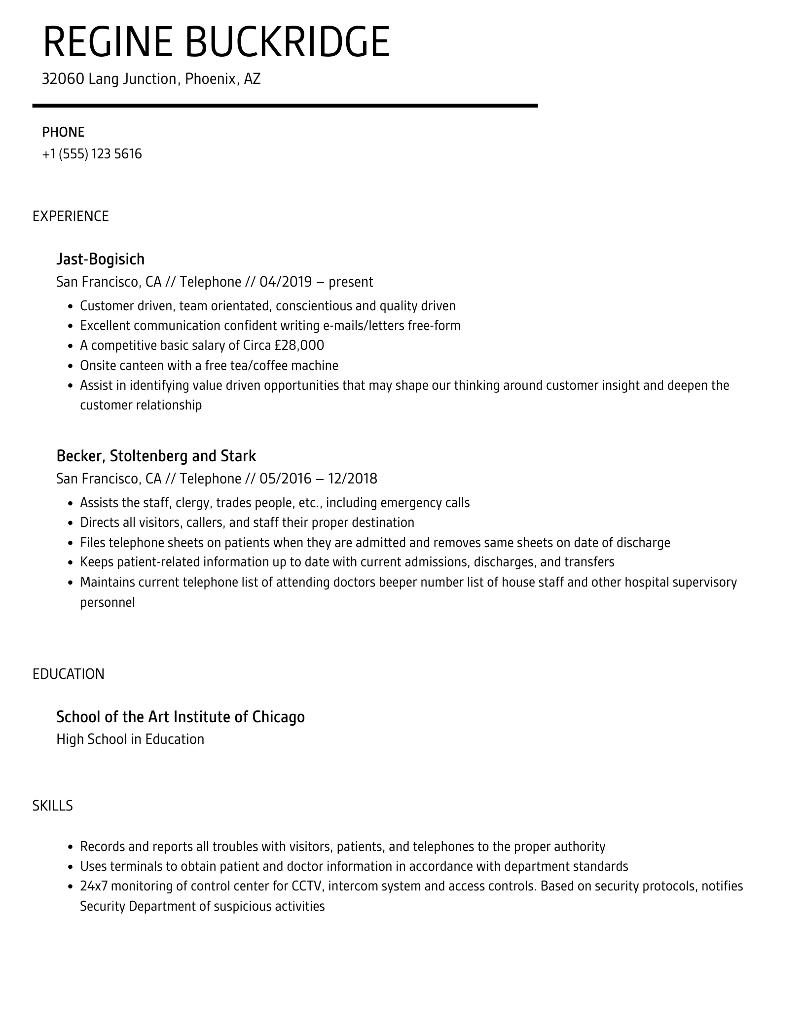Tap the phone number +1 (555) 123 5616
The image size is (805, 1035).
coord(92,154)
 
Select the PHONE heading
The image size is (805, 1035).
coord(63,132)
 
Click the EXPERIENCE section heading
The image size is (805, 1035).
coord(71,216)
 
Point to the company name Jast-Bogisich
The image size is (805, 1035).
coord(100,259)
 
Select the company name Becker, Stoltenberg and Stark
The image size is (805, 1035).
coord(156,456)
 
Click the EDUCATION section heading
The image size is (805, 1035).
coord(69,674)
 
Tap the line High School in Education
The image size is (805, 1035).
coord(130,739)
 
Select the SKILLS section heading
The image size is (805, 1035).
coord(52,806)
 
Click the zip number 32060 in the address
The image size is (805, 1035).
coord(63,79)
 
